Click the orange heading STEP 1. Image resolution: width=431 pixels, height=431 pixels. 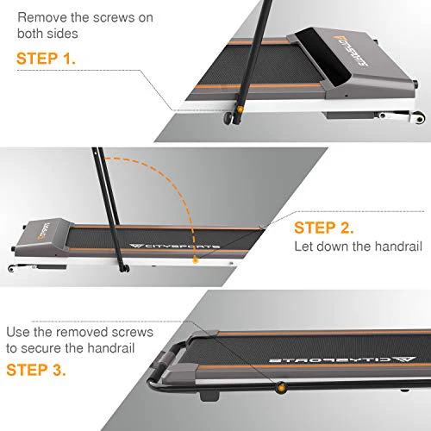(45, 61)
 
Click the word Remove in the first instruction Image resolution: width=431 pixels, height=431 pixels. (42, 16)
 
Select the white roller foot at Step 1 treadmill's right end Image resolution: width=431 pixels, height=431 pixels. (397, 112)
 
